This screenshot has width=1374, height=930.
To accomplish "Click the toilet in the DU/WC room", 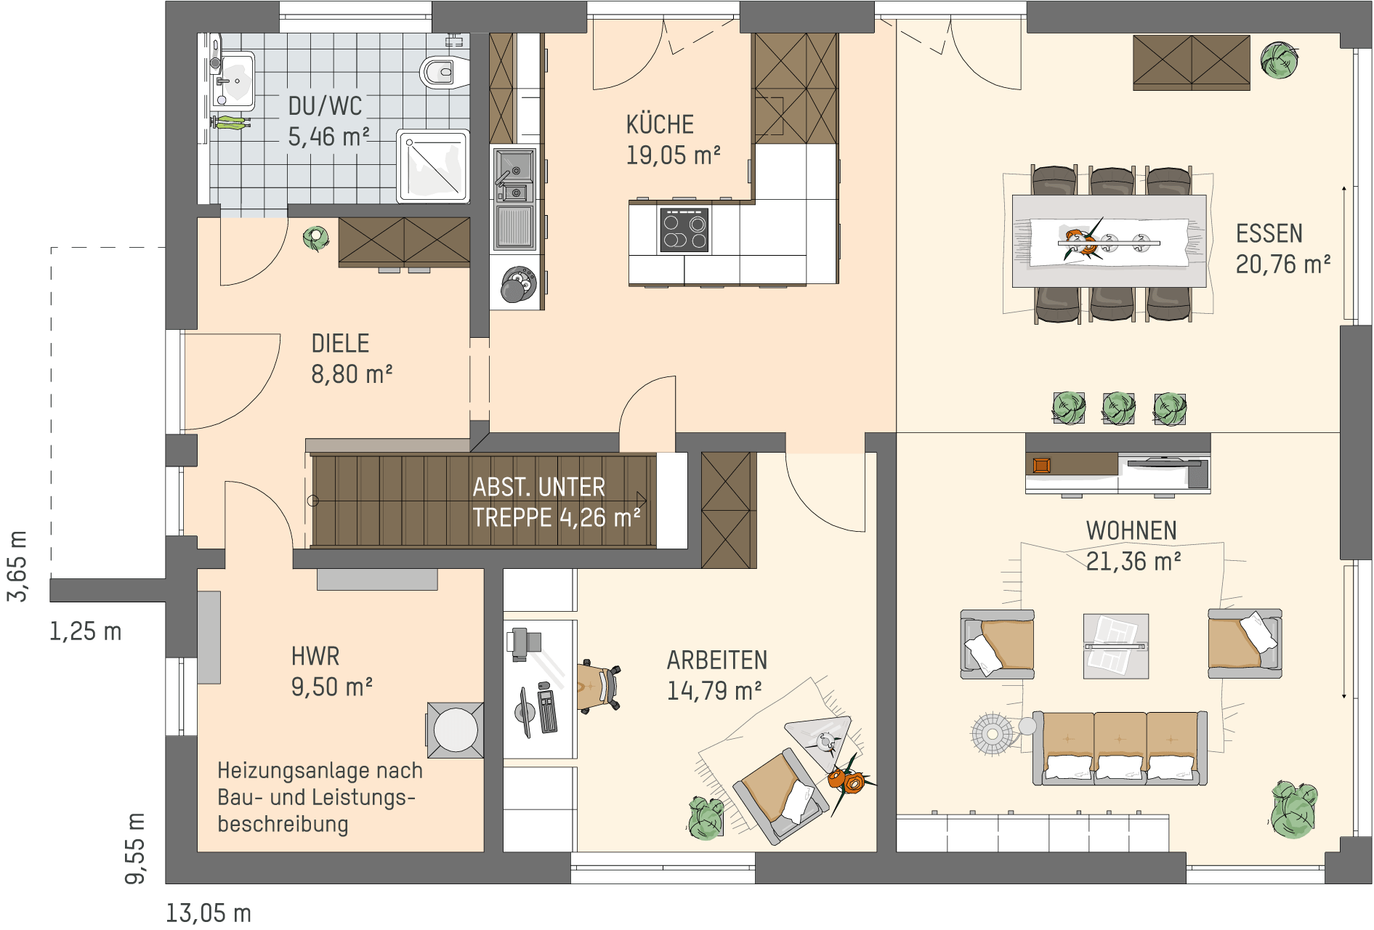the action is (444, 72).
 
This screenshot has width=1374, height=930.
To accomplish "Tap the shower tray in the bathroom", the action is (433, 166).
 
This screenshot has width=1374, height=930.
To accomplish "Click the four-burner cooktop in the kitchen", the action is (684, 230).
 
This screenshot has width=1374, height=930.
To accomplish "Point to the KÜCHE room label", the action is (660, 125).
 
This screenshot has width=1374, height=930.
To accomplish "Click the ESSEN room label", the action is (1269, 234).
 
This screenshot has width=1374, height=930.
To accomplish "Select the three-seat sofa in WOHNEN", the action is (1120, 748).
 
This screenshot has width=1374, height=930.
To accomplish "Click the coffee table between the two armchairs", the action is (1116, 646).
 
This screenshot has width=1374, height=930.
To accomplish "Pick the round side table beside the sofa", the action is (993, 734).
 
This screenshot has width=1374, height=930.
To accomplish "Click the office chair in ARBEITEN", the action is (599, 685).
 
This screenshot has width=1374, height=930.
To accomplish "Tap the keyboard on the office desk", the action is (547, 710).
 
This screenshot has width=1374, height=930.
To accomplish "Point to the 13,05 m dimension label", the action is (209, 913).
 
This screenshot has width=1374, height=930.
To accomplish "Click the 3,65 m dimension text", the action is (17, 566).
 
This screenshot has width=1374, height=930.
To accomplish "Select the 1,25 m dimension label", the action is (85, 631).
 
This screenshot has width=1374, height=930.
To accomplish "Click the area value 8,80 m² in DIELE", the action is (352, 375).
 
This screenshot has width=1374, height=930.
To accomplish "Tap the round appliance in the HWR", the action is (456, 729).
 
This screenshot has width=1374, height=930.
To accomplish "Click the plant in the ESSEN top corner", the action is (1279, 60).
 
